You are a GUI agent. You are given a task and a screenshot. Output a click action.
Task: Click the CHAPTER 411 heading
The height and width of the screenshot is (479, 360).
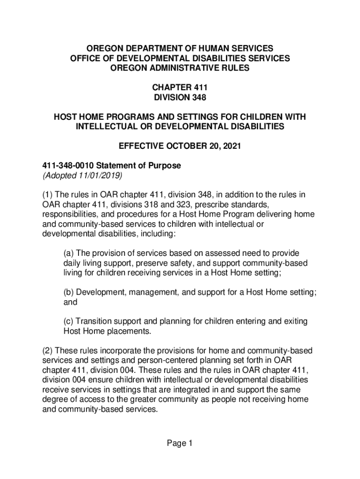[x=180, y=87]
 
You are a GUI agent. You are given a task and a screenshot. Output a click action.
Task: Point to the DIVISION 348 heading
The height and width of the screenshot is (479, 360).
[x=180, y=97]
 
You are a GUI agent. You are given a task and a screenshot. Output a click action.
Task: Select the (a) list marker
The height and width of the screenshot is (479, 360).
[x=69, y=253]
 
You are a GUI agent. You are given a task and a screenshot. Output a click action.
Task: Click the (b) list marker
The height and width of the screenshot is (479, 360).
[x=69, y=292]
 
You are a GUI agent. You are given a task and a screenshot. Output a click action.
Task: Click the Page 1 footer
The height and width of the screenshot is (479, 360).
[x=180, y=443]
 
